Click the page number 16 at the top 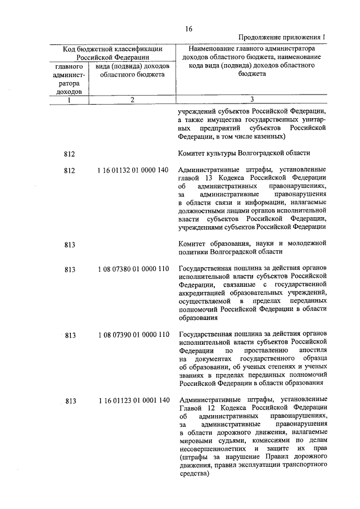[188, 29]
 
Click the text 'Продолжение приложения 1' [283, 38]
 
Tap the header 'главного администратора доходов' [68, 78]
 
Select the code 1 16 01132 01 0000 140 [133, 170]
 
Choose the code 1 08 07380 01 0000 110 [133, 269]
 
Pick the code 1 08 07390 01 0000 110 [133, 335]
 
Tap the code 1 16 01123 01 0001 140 [133, 400]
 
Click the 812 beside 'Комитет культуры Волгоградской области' [70, 153]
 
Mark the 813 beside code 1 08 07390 [70, 335]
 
